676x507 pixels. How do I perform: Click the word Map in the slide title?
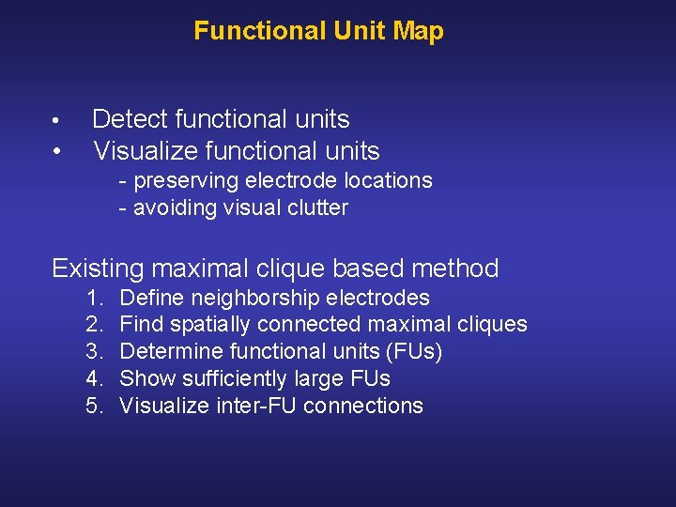[x=418, y=31]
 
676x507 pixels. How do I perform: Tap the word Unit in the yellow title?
[x=361, y=31]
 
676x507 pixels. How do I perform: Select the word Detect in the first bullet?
[x=130, y=119]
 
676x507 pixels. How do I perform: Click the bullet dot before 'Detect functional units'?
[x=57, y=121]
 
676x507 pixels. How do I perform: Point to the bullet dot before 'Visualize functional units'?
[x=57, y=151]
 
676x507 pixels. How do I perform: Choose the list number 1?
[x=94, y=299]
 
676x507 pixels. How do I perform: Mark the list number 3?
[x=94, y=352]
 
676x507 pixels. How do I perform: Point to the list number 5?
[x=94, y=407]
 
